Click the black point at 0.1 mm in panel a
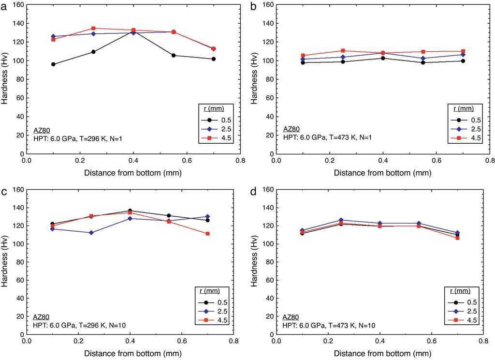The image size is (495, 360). (53, 64)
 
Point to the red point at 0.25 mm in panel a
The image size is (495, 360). (93, 28)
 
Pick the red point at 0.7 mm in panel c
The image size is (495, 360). (208, 234)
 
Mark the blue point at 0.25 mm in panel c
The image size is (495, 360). (91, 233)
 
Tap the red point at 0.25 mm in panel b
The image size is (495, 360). (343, 51)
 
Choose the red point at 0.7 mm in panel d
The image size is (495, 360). (457, 238)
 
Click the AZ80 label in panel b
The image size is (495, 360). (291, 130)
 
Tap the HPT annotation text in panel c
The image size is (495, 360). (79, 325)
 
